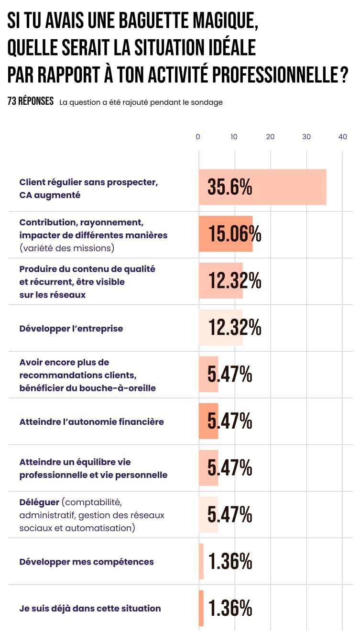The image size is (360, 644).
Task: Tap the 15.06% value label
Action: pos(235,234)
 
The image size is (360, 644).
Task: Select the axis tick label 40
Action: pos(342,137)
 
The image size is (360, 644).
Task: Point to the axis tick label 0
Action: pos(198,137)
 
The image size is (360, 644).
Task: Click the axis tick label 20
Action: pos(270,137)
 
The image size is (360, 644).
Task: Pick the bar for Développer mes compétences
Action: pos(201,562)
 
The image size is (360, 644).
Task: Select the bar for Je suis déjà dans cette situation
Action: pos(201,608)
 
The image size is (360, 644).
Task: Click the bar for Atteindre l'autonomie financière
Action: pos(208,421)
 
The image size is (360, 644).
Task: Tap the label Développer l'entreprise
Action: pos(71,329)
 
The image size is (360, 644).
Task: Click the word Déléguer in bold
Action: pos(39,502)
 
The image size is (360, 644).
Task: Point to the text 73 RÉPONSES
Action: pos(31,102)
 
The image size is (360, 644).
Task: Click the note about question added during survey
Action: pos(141,102)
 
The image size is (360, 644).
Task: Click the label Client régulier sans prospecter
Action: pos(88,182)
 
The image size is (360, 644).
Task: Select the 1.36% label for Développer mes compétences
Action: pos(230,562)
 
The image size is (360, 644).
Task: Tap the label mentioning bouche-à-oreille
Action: pos(87,388)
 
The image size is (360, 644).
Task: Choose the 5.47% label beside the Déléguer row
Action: pos(229,515)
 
